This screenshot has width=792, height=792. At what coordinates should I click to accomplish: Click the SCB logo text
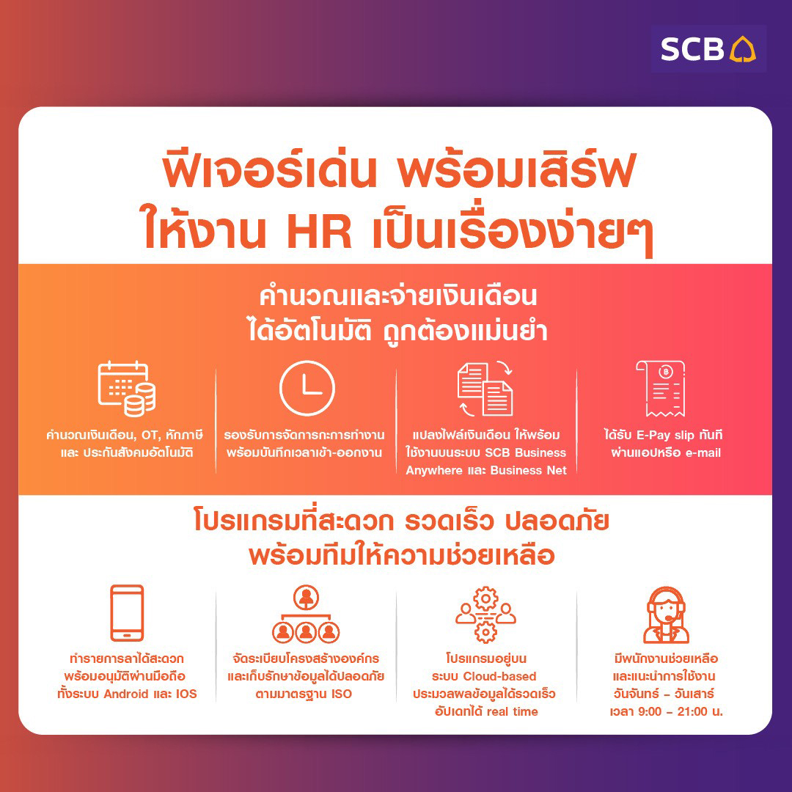click(692, 49)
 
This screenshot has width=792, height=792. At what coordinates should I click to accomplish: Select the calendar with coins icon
click(126, 389)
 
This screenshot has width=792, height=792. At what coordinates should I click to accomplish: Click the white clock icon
click(307, 388)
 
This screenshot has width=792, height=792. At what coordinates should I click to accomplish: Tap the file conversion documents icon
click(485, 388)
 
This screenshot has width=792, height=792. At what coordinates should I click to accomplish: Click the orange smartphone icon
click(127, 613)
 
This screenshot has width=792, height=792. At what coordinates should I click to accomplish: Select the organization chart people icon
click(306, 615)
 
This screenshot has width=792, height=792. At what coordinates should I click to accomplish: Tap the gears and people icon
click(485, 615)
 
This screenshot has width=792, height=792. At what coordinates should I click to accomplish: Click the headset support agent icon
click(666, 615)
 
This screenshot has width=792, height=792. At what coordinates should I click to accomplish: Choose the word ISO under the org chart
click(341, 693)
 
